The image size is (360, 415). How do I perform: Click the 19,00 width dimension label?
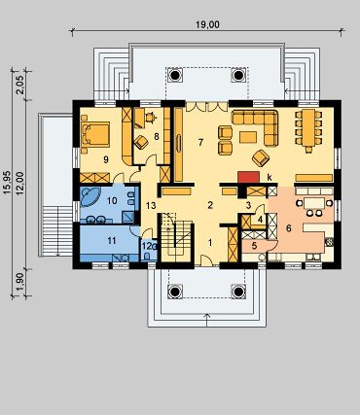point(208,24)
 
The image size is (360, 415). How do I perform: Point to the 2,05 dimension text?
point(20,85)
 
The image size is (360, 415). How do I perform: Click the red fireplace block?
point(249,178)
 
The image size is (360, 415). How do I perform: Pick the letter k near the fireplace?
point(269,177)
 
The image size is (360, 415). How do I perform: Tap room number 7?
point(200,142)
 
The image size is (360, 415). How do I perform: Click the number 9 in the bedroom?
point(105,159)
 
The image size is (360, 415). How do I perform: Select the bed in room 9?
point(95,133)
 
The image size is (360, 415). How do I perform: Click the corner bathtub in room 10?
point(90,196)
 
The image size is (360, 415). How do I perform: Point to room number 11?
point(112,240)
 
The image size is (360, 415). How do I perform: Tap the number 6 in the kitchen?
point(289,228)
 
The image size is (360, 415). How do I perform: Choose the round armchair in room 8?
point(141,142)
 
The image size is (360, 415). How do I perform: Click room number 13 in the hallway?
point(151,205)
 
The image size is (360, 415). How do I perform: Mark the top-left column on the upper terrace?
point(175,75)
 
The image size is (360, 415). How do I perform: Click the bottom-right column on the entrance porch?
point(237,292)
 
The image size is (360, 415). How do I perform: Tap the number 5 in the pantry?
point(254,246)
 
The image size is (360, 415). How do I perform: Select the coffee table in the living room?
point(248,137)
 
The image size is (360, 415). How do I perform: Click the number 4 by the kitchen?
point(260,220)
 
